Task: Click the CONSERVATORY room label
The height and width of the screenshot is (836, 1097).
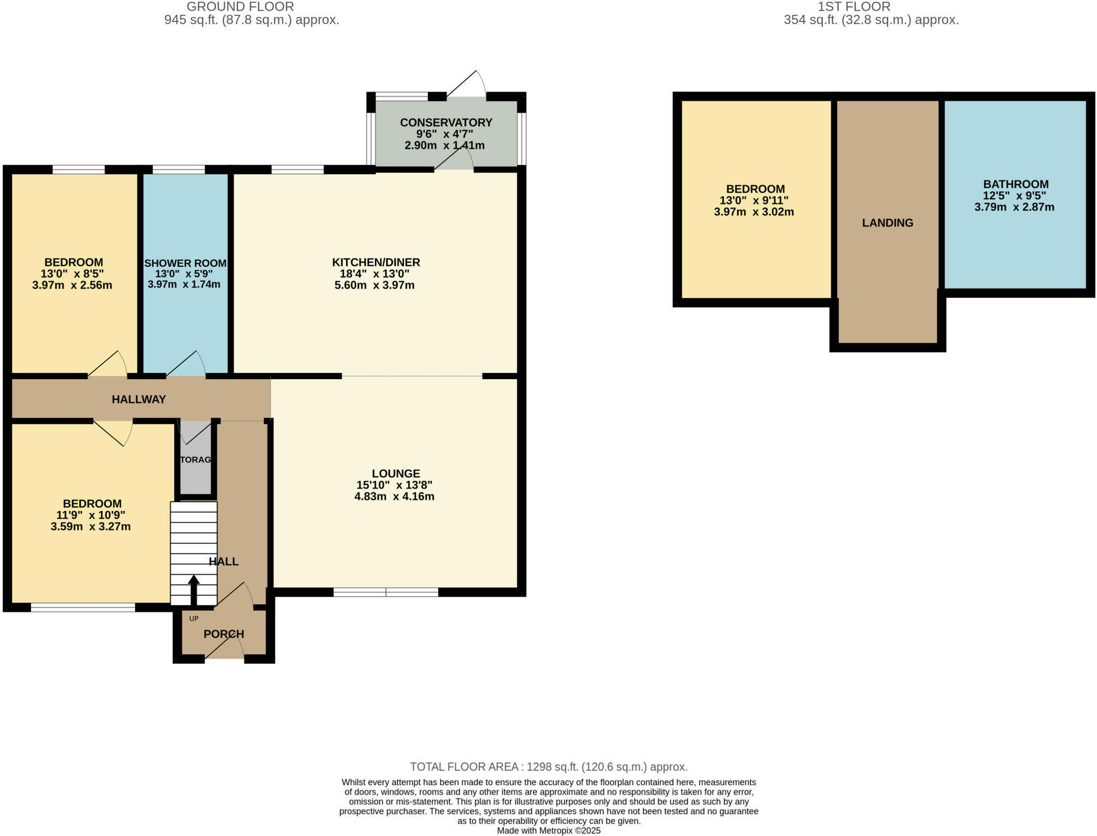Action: click(x=446, y=123)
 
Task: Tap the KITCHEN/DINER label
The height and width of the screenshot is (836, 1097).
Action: click(x=376, y=262)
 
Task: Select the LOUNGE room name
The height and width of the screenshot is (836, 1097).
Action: click(x=396, y=473)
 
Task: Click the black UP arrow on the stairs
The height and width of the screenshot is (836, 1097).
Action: click(x=194, y=589)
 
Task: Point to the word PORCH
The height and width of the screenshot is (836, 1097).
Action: click(x=224, y=634)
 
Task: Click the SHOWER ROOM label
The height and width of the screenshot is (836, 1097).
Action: click(x=185, y=263)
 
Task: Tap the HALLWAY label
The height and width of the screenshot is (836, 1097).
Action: click(x=139, y=399)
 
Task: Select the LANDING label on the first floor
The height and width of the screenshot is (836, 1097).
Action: click(x=888, y=223)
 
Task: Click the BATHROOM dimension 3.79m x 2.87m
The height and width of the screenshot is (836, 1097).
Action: click(x=1014, y=207)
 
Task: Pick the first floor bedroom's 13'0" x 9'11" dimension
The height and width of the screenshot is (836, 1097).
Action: click(x=754, y=201)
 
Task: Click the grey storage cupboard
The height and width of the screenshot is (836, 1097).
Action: click(x=196, y=471)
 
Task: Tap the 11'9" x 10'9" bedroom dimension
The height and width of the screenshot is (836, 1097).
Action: click(x=91, y=515)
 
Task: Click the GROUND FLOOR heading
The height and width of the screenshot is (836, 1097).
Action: click(x=240, y=7)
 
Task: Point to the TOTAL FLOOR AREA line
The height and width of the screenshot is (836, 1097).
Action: click(x=548, y=767)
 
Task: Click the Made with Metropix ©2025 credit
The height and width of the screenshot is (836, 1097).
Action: click(x=548, y=831)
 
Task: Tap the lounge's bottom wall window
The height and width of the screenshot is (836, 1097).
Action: click(x=386, y=592)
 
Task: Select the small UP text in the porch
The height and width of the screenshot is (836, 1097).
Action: click(x=194, y=619)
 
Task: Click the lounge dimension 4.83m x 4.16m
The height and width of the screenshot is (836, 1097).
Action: click(x=394, y=496)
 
